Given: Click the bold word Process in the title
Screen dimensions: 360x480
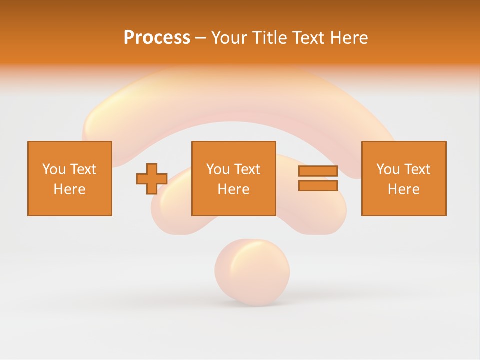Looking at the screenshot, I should (x=157, y=38).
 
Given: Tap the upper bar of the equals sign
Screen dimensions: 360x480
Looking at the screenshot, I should (x=318, y=171).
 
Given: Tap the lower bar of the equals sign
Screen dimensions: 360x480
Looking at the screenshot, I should (x=318, y=186).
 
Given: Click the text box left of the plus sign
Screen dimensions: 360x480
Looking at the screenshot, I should (x=70, y=178).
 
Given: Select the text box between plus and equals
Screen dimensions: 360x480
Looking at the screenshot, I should (x=234, y=178).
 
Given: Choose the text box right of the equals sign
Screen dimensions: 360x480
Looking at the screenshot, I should (x=404, y=178).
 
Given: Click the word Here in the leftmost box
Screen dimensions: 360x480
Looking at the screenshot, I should (x=70, y=189).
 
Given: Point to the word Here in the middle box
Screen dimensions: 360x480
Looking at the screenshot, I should (x=234, y=189).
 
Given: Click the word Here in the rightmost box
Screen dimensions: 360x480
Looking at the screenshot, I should (x=404, y=189).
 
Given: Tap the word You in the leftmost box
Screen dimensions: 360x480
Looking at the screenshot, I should (x=54, y=169).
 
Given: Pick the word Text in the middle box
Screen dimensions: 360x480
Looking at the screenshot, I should (x=247, y=169).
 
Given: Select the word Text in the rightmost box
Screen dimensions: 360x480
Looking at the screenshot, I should (x=417, y=169).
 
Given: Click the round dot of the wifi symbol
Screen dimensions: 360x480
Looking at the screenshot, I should (x=252, y=272).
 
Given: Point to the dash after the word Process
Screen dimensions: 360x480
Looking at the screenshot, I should (x=201, y=38).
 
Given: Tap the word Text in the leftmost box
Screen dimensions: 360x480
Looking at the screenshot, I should (x=83, y=169).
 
